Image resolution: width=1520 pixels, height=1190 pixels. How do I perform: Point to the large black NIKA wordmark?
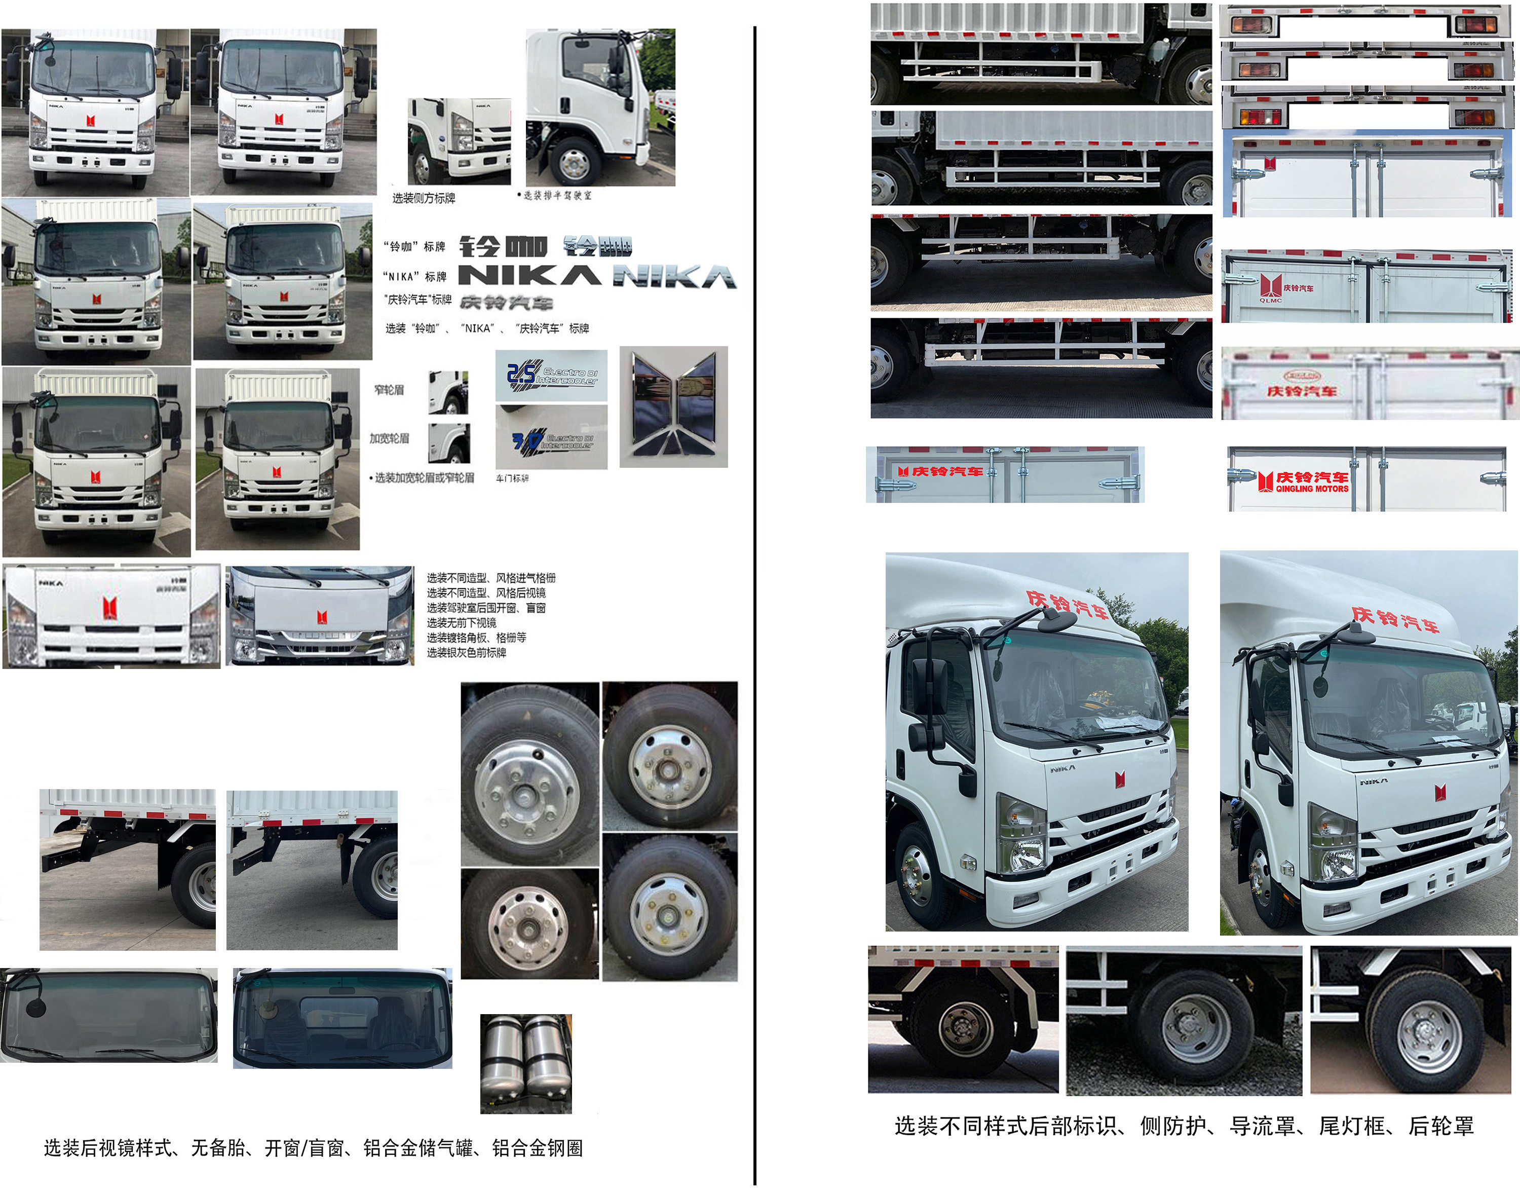(529, 276)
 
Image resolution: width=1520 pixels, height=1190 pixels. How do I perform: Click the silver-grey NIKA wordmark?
(674, 277)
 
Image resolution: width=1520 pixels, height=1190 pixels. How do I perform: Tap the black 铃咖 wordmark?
(503, 246)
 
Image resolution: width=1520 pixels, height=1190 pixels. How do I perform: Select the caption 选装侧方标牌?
(424, 198)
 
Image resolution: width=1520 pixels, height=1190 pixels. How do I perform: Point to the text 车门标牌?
(512, 478)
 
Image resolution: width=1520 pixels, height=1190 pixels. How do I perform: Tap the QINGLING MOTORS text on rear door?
(1312, 489)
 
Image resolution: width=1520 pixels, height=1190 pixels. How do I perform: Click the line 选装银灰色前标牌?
(466, 653)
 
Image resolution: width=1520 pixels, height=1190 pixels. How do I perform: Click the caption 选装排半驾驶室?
(557, 196)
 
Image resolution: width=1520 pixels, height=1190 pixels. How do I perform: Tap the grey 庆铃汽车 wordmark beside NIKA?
(507, 303)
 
